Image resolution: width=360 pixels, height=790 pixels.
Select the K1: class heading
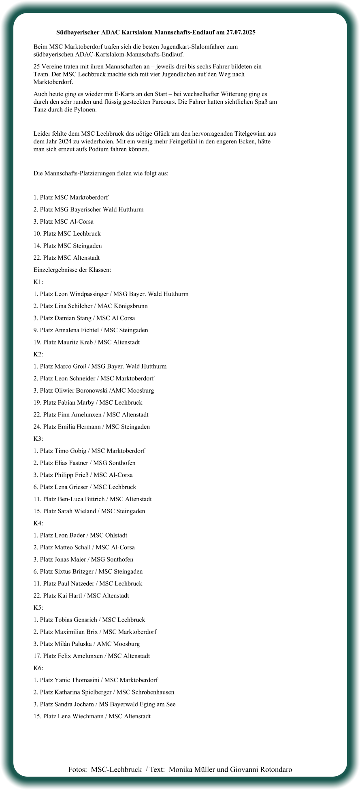[38, 282]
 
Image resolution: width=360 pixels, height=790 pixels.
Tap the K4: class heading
[38, 523]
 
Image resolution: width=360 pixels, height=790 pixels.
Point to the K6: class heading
[38, 668]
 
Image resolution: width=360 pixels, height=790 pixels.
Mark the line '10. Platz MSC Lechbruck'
[67, 234]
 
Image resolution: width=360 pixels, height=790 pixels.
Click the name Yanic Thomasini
[75, 680]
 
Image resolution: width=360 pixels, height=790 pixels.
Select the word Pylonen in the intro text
[85, 110]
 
